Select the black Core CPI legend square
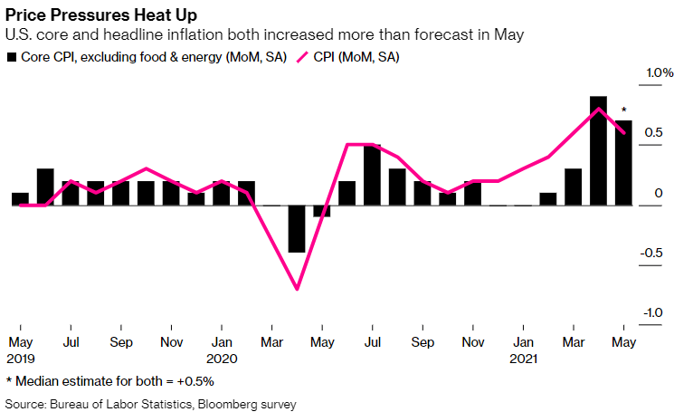(x=13, y=57)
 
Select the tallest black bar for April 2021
(x=598, y=150)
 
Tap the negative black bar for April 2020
(x=297, y=229)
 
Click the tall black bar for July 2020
(x=372, y=175)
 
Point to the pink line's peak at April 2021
(x=598, y=109)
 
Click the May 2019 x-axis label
(x=21, y=350)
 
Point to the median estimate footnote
(x=98, y=381)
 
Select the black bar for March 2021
(x=573, y=187)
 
